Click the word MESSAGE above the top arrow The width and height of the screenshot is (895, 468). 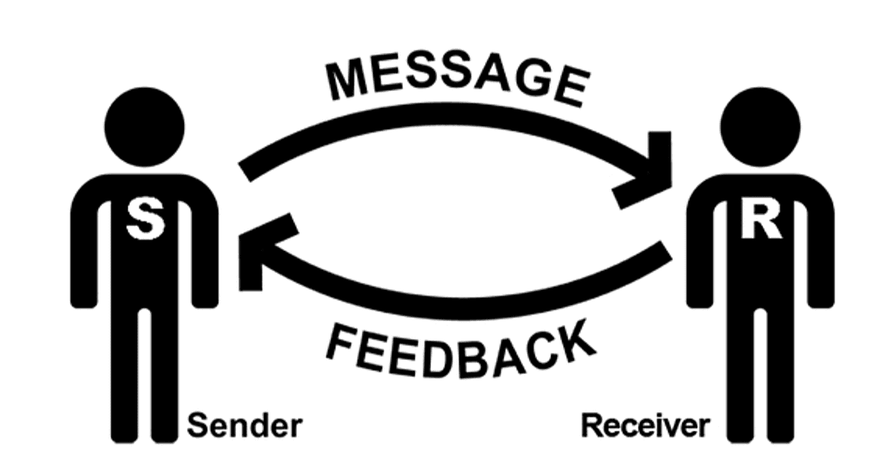458,82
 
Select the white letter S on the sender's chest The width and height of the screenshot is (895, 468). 145,219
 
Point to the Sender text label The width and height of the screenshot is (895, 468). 245,426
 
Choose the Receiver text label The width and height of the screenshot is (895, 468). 645,426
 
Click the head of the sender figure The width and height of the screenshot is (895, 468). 145,127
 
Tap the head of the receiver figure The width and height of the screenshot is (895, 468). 760,127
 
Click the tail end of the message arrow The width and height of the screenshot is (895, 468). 245,172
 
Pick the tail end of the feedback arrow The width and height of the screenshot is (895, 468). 665,251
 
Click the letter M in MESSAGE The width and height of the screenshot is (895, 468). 347,81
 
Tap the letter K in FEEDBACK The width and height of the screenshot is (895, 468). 575,344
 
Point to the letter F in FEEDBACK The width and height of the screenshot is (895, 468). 341,343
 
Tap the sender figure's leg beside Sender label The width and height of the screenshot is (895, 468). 165,376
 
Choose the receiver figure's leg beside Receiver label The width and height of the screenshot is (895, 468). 741,376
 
